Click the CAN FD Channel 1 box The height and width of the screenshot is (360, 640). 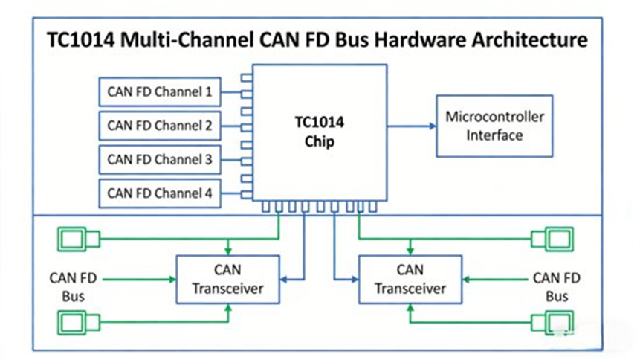click(160, 92)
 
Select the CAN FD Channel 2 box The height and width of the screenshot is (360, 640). click(160, 126)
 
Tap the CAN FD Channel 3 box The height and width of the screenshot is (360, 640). click(160, 159)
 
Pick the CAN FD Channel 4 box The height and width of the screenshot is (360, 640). click(160, 193)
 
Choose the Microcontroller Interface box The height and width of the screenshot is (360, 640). click(494, 126)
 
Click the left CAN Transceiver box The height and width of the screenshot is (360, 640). click(228, 279)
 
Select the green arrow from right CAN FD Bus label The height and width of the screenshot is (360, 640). click(494, 280)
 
